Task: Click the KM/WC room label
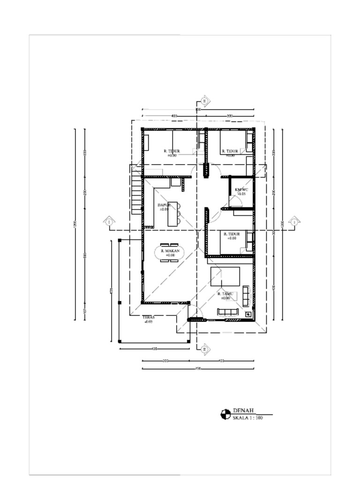241,189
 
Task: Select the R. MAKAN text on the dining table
170,251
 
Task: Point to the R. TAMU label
225,294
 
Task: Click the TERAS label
149,317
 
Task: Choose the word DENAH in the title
243,411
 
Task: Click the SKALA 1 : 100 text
247,418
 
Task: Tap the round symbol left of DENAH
225,414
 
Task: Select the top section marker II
205,100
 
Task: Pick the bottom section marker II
205,349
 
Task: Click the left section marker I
109,221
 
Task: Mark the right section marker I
294,221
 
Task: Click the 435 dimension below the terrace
154,349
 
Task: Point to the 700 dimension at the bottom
198,369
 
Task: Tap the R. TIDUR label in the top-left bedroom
172,151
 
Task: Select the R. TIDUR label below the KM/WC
232,234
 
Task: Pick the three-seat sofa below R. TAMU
228,312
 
